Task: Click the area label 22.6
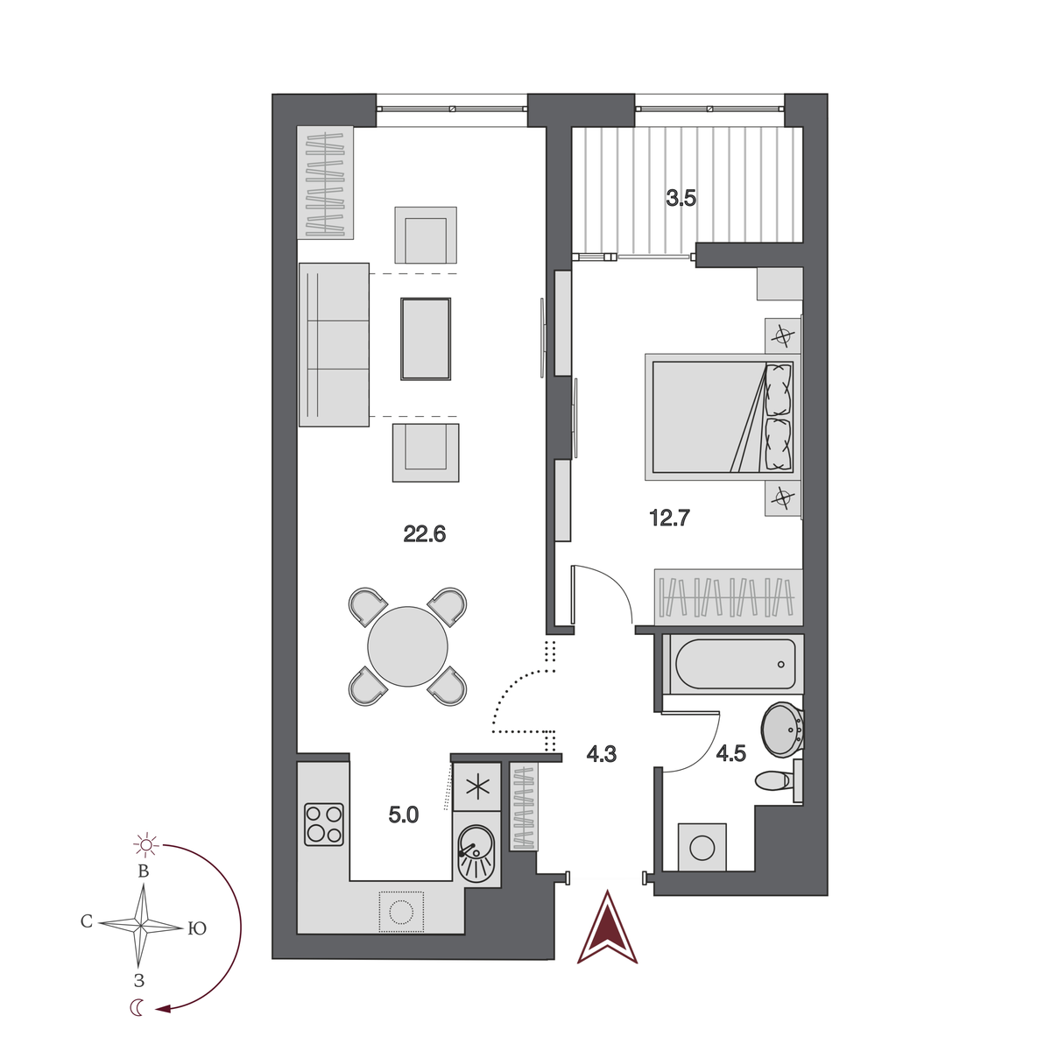425,533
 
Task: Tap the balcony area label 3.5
681,198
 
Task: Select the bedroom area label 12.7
670,518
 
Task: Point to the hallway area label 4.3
602,753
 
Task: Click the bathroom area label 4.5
730,753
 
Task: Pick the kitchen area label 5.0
404,815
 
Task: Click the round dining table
407,646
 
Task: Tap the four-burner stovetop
323,824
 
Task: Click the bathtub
734,664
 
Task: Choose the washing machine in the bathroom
702,847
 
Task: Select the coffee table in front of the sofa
426,339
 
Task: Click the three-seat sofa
334,345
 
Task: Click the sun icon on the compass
145,844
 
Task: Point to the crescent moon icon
138,1008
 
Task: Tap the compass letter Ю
197,928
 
